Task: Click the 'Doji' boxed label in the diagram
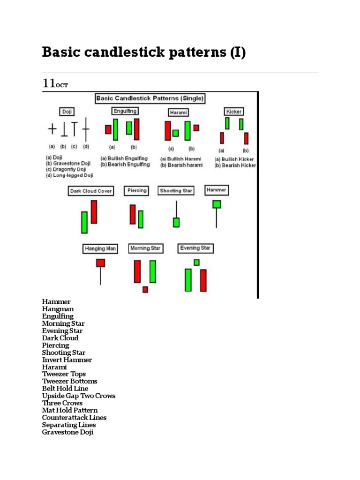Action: [67, 112]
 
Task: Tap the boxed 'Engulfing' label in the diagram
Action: [125, 111]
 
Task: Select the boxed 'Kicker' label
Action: [234, 112]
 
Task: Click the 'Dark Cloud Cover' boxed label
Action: [91, 191]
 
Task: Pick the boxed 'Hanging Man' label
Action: [100, 248]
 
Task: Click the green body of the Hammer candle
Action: [217, 204]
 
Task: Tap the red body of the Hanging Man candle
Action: [100, 263]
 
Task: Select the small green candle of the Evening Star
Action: [196, 262]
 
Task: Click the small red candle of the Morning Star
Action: [145, 289]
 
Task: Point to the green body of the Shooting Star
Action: [176, 222]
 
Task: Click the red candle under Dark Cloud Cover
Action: [94, 212]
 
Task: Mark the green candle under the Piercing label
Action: [141, 219]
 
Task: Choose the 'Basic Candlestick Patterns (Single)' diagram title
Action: [150, 98]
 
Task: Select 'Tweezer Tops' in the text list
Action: [64, 374]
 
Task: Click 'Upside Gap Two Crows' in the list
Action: [78, 396]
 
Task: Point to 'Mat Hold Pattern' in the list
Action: [70, 410]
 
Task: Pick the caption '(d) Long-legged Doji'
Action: [69, 175]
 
